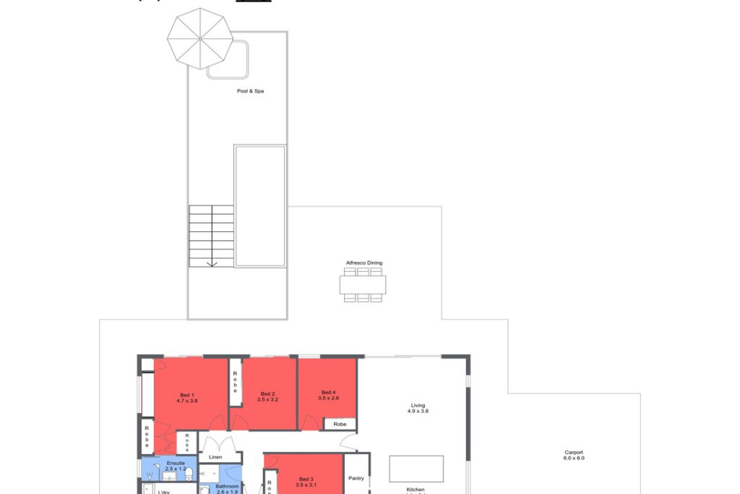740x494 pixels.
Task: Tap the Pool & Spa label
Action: pos(250,91)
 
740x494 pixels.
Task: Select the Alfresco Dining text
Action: pos(364,263)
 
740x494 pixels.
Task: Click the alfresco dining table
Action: pos(363,285)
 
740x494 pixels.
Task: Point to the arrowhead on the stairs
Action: pos(212,264)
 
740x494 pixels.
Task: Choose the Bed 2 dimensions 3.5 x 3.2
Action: pos(268,399)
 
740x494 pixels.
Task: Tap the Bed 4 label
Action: pos(329,392)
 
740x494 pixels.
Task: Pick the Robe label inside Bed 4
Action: pos(340,425)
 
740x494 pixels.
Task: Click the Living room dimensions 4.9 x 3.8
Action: pos(418,411)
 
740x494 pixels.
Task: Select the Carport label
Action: pos(574,452)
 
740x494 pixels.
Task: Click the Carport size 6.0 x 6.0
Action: pos(574,459)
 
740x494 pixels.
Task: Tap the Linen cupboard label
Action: pos(215,457)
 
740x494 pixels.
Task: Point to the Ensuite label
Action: pos(176,463)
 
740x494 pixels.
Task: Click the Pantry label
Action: pos(356,478)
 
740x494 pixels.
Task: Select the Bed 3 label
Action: pos(306,479)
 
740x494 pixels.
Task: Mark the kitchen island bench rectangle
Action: pos(416,469)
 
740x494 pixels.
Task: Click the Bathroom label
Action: pos(226,487)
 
